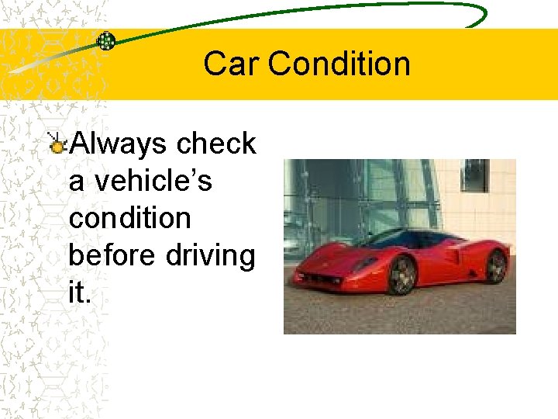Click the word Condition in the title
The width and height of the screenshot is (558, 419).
click(x=339, y=64)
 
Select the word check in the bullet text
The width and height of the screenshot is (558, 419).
click(x=216, y=144)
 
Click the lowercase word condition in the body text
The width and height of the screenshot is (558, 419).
click(x=129, y=218)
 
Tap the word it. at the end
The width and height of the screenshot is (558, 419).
click(x=79, y=293)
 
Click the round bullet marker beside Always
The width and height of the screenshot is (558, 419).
click(x=57, y=145)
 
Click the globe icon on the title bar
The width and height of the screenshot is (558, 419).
click(x=106, y=41)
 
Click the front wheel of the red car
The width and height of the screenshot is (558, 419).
click(x=401, y=275)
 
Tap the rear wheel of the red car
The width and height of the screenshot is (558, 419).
click(x=495, y=266)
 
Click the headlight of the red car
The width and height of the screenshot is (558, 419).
click(x=364, y=262)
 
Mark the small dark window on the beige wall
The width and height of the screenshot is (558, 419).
click(x=475, y=175)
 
